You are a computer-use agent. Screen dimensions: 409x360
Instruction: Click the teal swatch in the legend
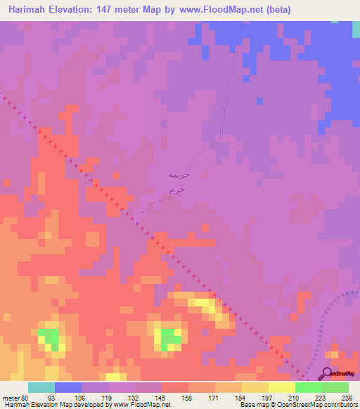(x=41, y=387)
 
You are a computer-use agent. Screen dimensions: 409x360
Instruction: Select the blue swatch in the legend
(x=67, y=387)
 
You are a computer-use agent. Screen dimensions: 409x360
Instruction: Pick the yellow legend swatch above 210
(x=281, y=387)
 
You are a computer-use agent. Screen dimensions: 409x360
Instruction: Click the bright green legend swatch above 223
(x=308, y=387)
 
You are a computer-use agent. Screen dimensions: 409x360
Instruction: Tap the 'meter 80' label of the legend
(x=15, y=398)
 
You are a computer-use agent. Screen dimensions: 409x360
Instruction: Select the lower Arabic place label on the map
(x=178, y=190)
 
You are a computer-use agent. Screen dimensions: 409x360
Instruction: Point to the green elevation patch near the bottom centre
(x=169, y=338)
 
